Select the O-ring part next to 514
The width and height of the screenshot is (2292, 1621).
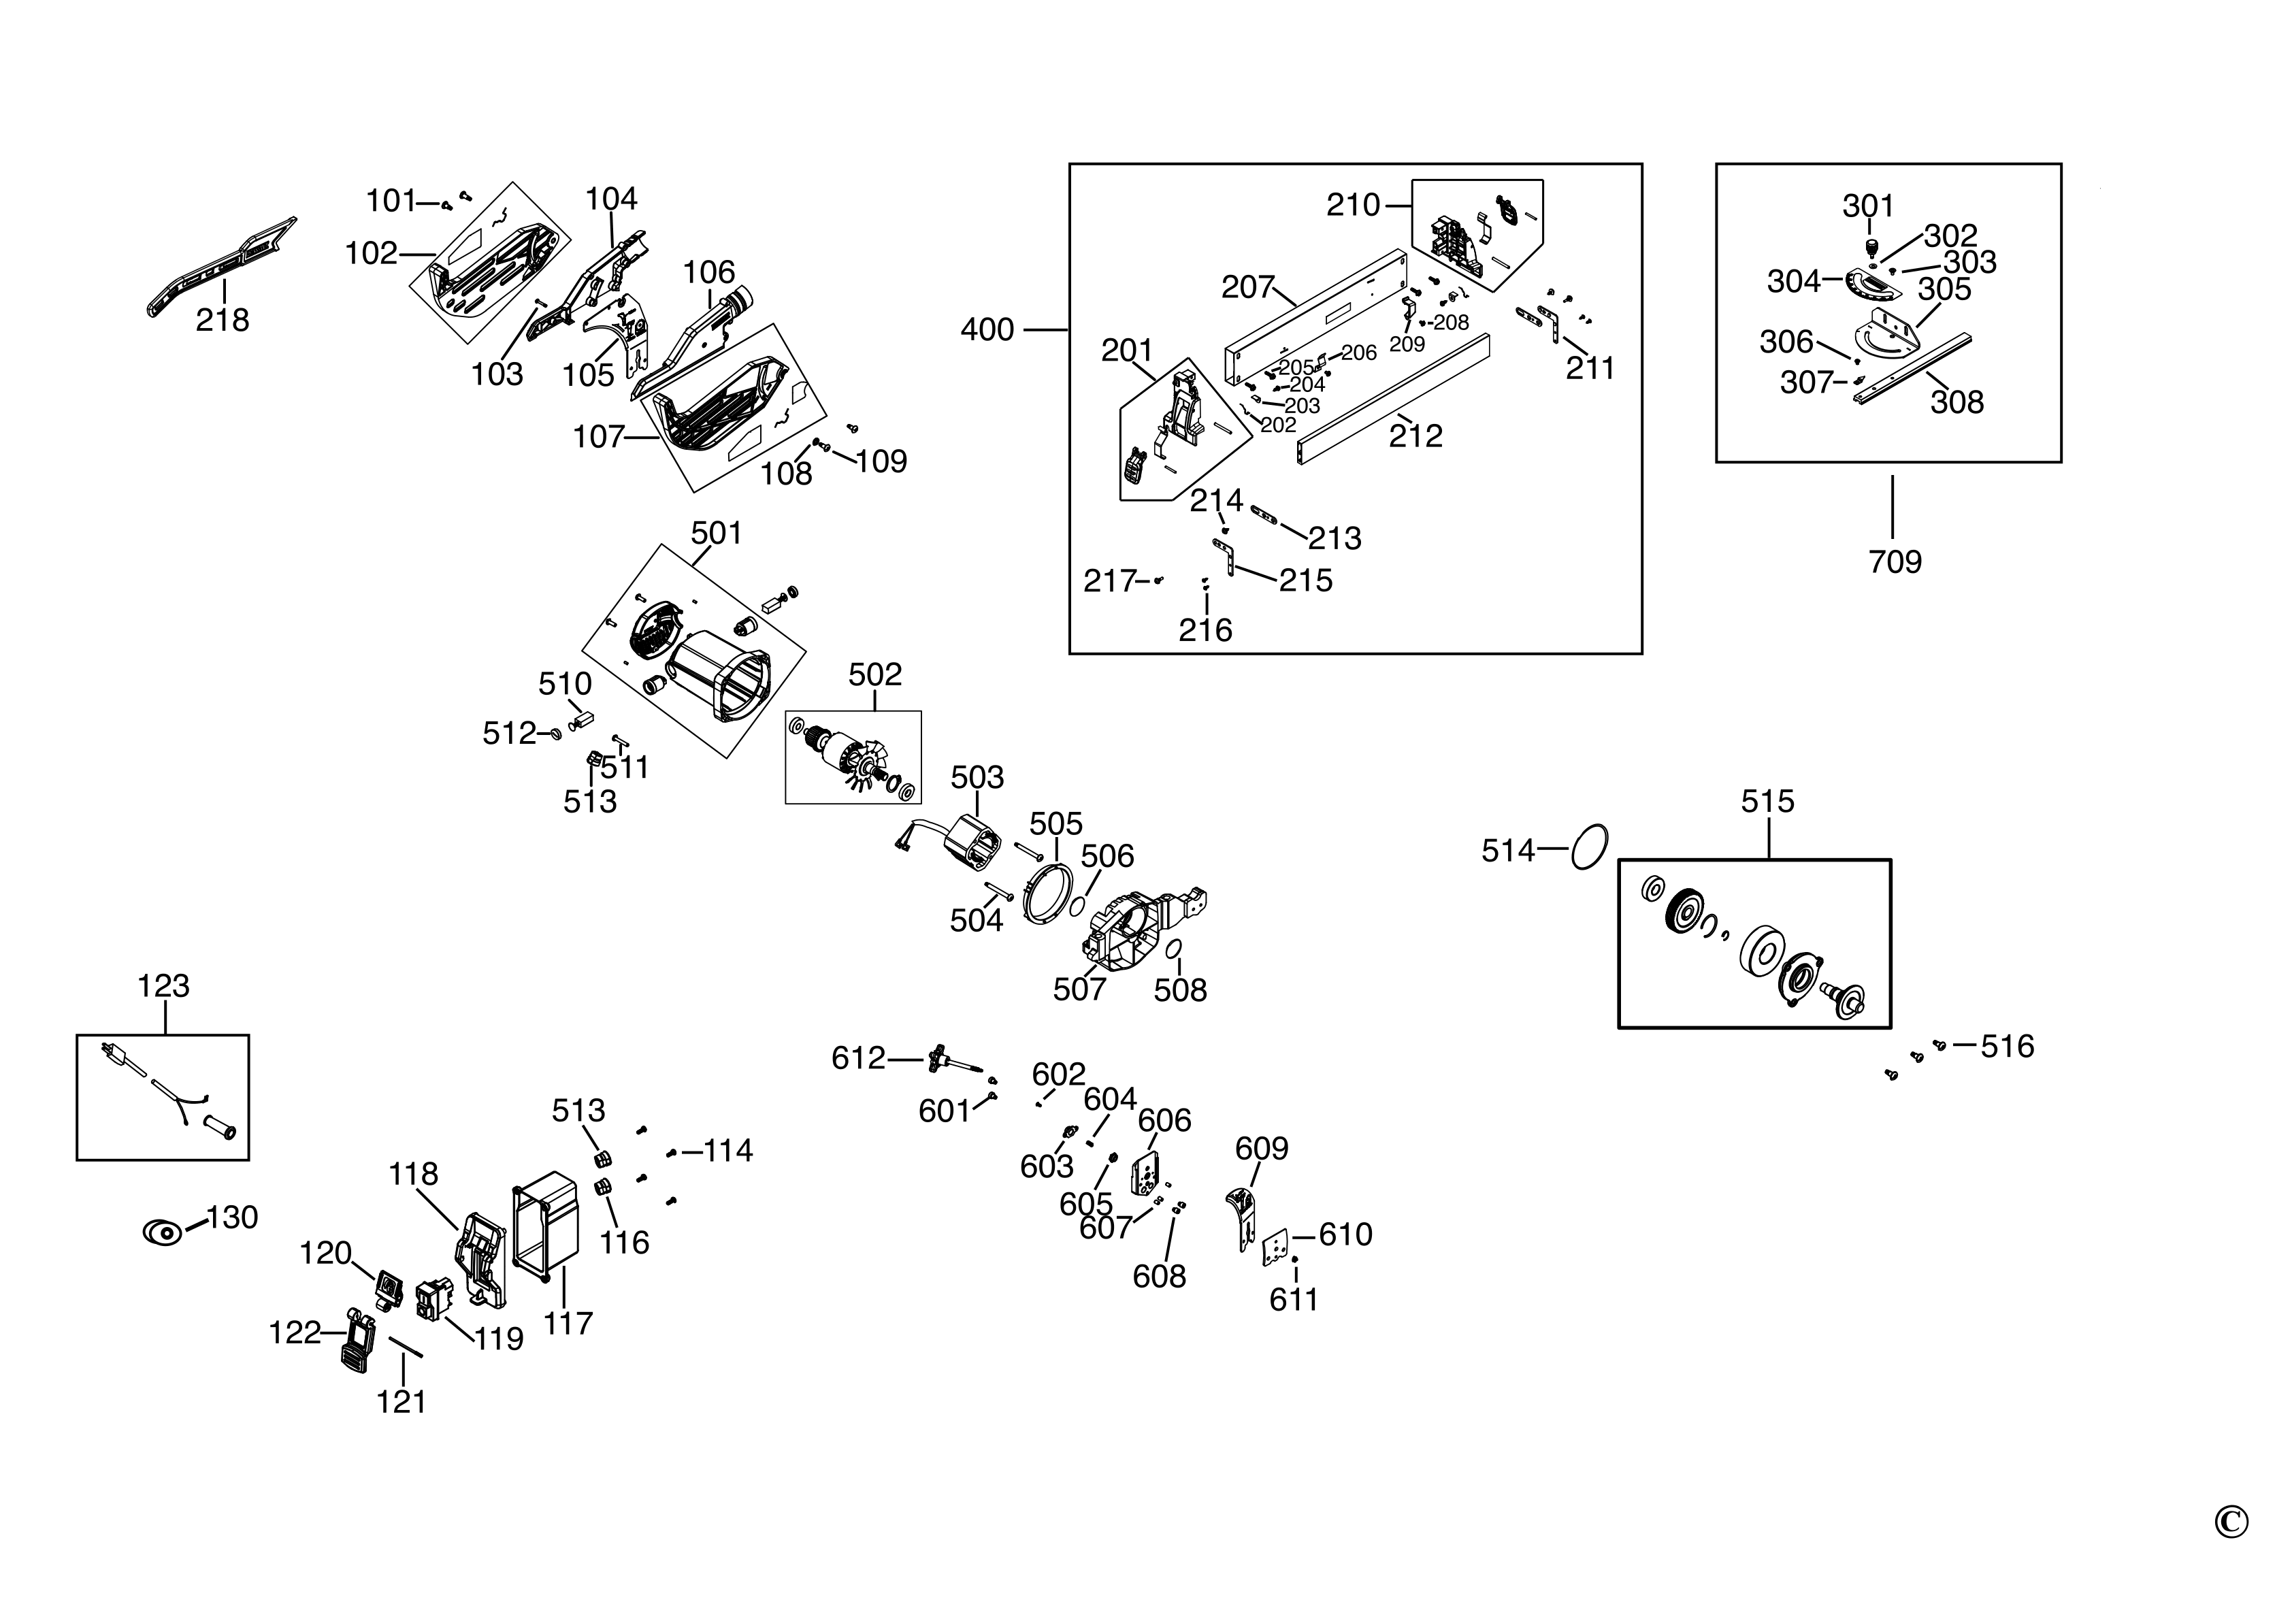coord(1589,847)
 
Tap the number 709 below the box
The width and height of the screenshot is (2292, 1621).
coord(1895,562)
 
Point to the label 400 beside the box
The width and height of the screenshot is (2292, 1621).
coord(986,329)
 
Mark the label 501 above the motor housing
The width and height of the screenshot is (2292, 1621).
coord(716,533)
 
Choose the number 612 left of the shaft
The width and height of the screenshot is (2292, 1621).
coord(859,1058)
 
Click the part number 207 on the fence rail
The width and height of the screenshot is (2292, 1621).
coord(1248,287)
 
